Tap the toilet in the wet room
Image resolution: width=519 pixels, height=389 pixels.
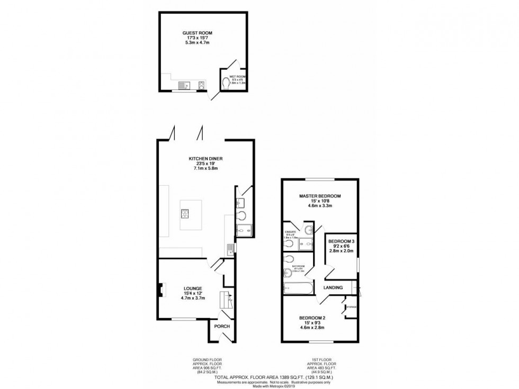[x=227, y=83]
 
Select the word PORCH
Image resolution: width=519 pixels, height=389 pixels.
[x=222, y=326]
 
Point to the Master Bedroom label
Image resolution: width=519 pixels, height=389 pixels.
[x=319, y=196]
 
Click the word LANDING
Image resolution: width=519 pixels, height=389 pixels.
[x=333, y=287]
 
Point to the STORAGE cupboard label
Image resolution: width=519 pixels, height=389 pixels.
[x=351, y=307]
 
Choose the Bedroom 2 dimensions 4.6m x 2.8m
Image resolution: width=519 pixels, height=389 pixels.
[x=312, y=328]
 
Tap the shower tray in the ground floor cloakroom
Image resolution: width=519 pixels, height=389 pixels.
[x=244, y=229]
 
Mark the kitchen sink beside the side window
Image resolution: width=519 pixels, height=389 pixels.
[x=229, y=248]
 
